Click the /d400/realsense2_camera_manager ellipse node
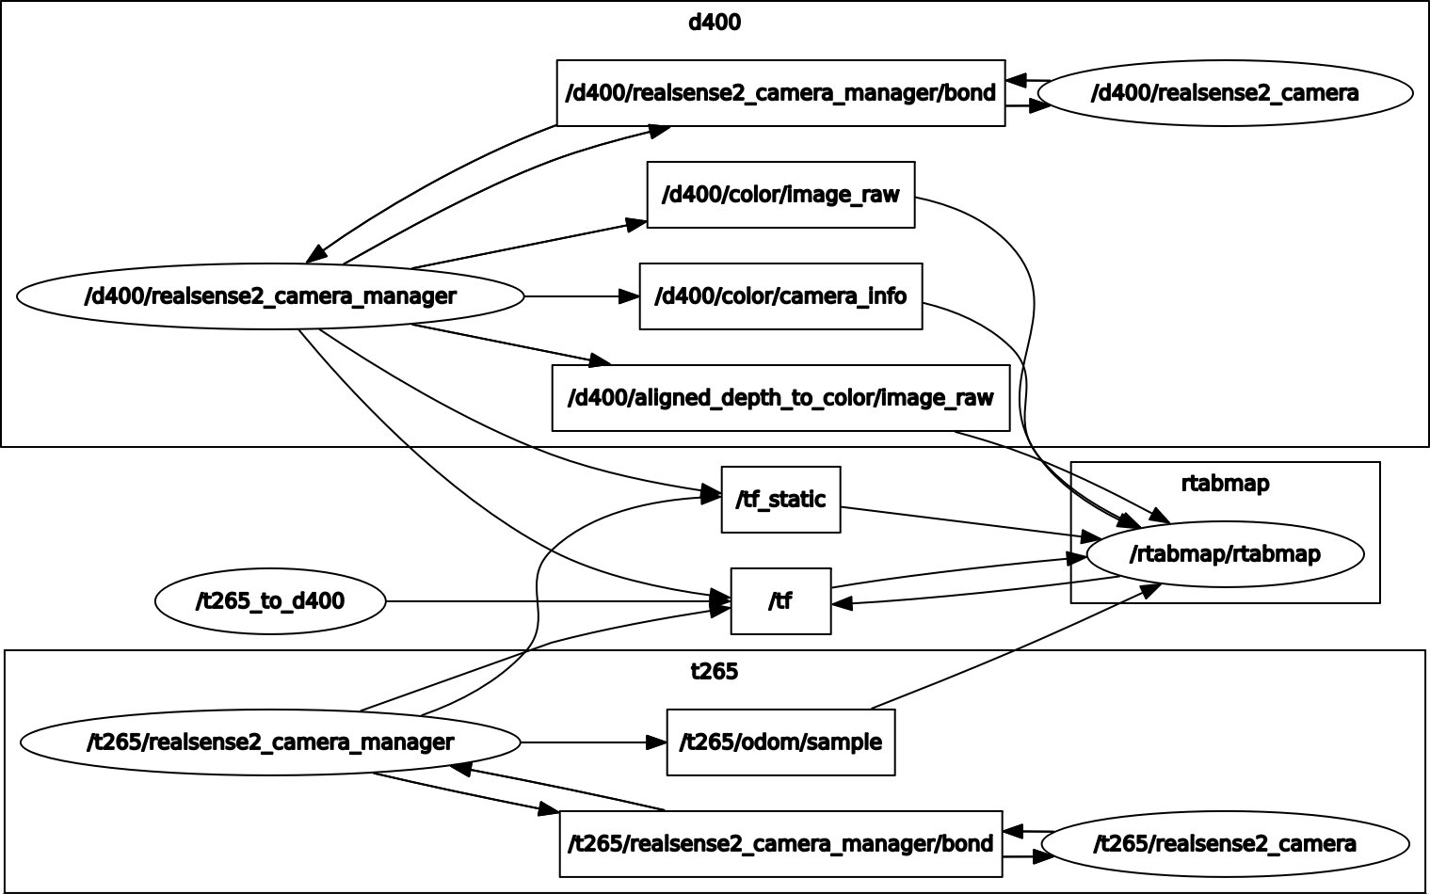click(x=270, y=296)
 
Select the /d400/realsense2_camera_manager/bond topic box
click(x=780, y=93)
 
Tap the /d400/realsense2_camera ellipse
click(x=1225, y=93)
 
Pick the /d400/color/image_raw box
click(x=780, y=195)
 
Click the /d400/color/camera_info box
click(x=780, y=296)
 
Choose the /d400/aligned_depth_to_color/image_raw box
click(x=780, y=398)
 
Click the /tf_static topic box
click(x=780, y=500)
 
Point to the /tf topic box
click(x=780, y=601)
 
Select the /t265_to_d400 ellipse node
click(x=270, y=601)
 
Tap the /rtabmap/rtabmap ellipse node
click(x=1225, y=554)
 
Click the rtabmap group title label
click(x=1225, y=484)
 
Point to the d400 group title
click(x=715, y=23)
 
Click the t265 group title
click(x=715, y=672)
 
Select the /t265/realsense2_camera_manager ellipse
click(x=270, y=742)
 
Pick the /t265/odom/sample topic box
click(x=780, y=742)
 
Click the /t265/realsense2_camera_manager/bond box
click(x=780, y=844)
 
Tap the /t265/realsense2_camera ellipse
click(x=1225, y=844)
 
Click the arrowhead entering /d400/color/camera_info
click(x=629, y=296)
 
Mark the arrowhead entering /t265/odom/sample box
click(x=656, y=742)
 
